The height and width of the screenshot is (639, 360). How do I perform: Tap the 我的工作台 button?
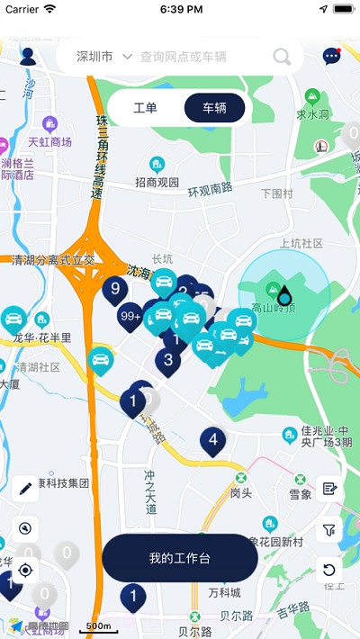tap(180, 558)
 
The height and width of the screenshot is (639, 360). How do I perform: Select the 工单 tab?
tap(145, 108)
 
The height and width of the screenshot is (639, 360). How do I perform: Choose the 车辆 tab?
tap(214, 108)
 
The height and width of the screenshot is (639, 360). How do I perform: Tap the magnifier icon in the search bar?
tap(282, 58)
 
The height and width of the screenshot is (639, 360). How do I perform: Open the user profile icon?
tap(27, 57)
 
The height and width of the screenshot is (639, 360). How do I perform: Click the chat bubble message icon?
tap(331, 57)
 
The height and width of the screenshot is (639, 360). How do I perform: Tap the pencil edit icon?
tap(25, 489)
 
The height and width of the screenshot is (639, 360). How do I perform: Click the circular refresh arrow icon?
tap(329, 570)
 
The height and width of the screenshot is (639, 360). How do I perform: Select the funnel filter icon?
tap(329, 530)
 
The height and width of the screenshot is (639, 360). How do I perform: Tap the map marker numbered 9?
tap(115, 289)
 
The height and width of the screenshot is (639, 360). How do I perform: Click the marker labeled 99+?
tap(130, 316)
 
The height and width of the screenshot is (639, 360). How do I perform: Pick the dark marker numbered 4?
tap(212, 440)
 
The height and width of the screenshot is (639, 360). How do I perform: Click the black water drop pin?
tap(284, 295)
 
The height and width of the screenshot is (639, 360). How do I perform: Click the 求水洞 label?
tap(312, 114)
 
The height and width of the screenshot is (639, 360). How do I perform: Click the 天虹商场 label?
tap(49, 141)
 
